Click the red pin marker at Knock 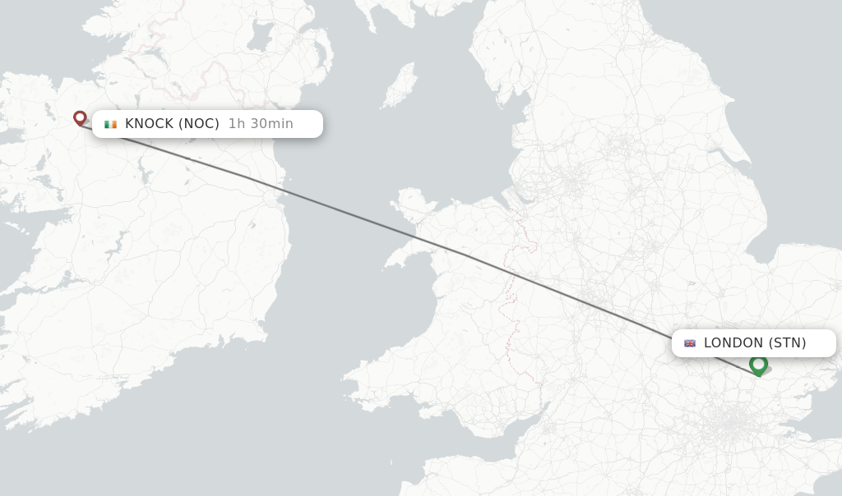pos(80,118)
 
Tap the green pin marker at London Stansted pos(758,364)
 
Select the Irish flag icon pos(110,124)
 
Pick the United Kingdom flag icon pos(690,343)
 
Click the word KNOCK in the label pos(149,124)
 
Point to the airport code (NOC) pos(199,124)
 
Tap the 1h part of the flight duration pos(237,124)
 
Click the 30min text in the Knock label pos(271,124)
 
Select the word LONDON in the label pos(733,343)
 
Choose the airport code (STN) pos(787,343)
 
